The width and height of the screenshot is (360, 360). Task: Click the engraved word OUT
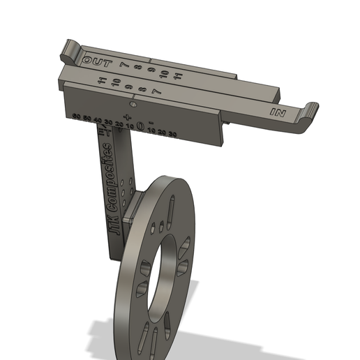click(98, 61)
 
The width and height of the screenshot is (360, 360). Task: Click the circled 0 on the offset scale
click(140, 126)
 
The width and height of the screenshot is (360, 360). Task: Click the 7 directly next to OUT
click(123, 64)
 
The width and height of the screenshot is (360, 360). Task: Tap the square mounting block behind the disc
click(135, 203)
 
